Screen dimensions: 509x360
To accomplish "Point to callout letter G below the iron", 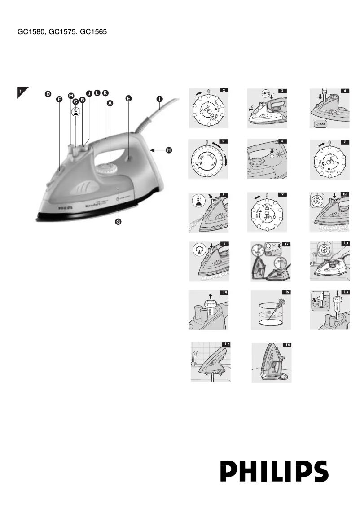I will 118,222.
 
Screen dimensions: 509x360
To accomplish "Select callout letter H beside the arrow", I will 169,150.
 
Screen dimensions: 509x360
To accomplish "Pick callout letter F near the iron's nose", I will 59,100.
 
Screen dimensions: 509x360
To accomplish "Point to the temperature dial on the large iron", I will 105,168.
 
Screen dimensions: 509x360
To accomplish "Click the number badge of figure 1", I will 21,92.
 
